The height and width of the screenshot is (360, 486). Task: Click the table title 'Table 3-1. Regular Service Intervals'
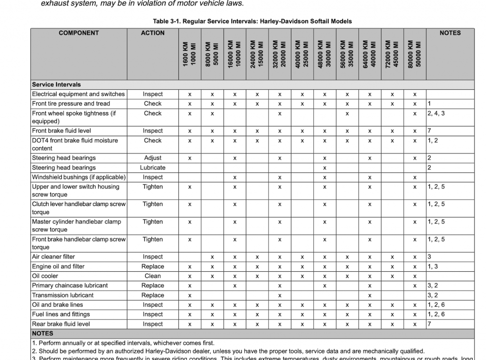coord(252,21)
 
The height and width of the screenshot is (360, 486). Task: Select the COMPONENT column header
coord(79,33)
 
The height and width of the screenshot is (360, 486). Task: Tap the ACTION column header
coord(153,33)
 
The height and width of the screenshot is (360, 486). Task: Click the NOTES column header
coord(450,33)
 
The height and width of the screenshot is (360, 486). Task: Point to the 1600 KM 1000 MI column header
coord(189,54)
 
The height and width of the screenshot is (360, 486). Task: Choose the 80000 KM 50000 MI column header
coord(414,54)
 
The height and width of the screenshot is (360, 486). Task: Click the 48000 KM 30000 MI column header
coord(325,54)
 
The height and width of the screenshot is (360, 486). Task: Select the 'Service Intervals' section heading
coord(56,85)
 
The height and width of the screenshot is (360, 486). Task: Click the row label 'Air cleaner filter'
coord(54,257)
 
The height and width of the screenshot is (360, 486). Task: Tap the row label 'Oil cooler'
coord(45,276)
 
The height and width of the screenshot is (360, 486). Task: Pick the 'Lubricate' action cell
coord(153,168)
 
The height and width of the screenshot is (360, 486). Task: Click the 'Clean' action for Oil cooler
coord(153,276)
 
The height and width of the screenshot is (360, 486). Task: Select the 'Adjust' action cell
coord(153,158)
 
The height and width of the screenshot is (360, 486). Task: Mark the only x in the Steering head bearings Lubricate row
coord(325,168)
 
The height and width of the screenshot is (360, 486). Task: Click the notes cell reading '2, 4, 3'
coord(436,114)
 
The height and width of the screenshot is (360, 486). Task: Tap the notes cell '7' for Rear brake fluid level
coord(429,324)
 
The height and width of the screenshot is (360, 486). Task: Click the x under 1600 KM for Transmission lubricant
coord(189,295)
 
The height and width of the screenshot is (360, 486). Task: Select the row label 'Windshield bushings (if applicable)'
coord(79,177)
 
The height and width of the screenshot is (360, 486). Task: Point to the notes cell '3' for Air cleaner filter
coord(429,257)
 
